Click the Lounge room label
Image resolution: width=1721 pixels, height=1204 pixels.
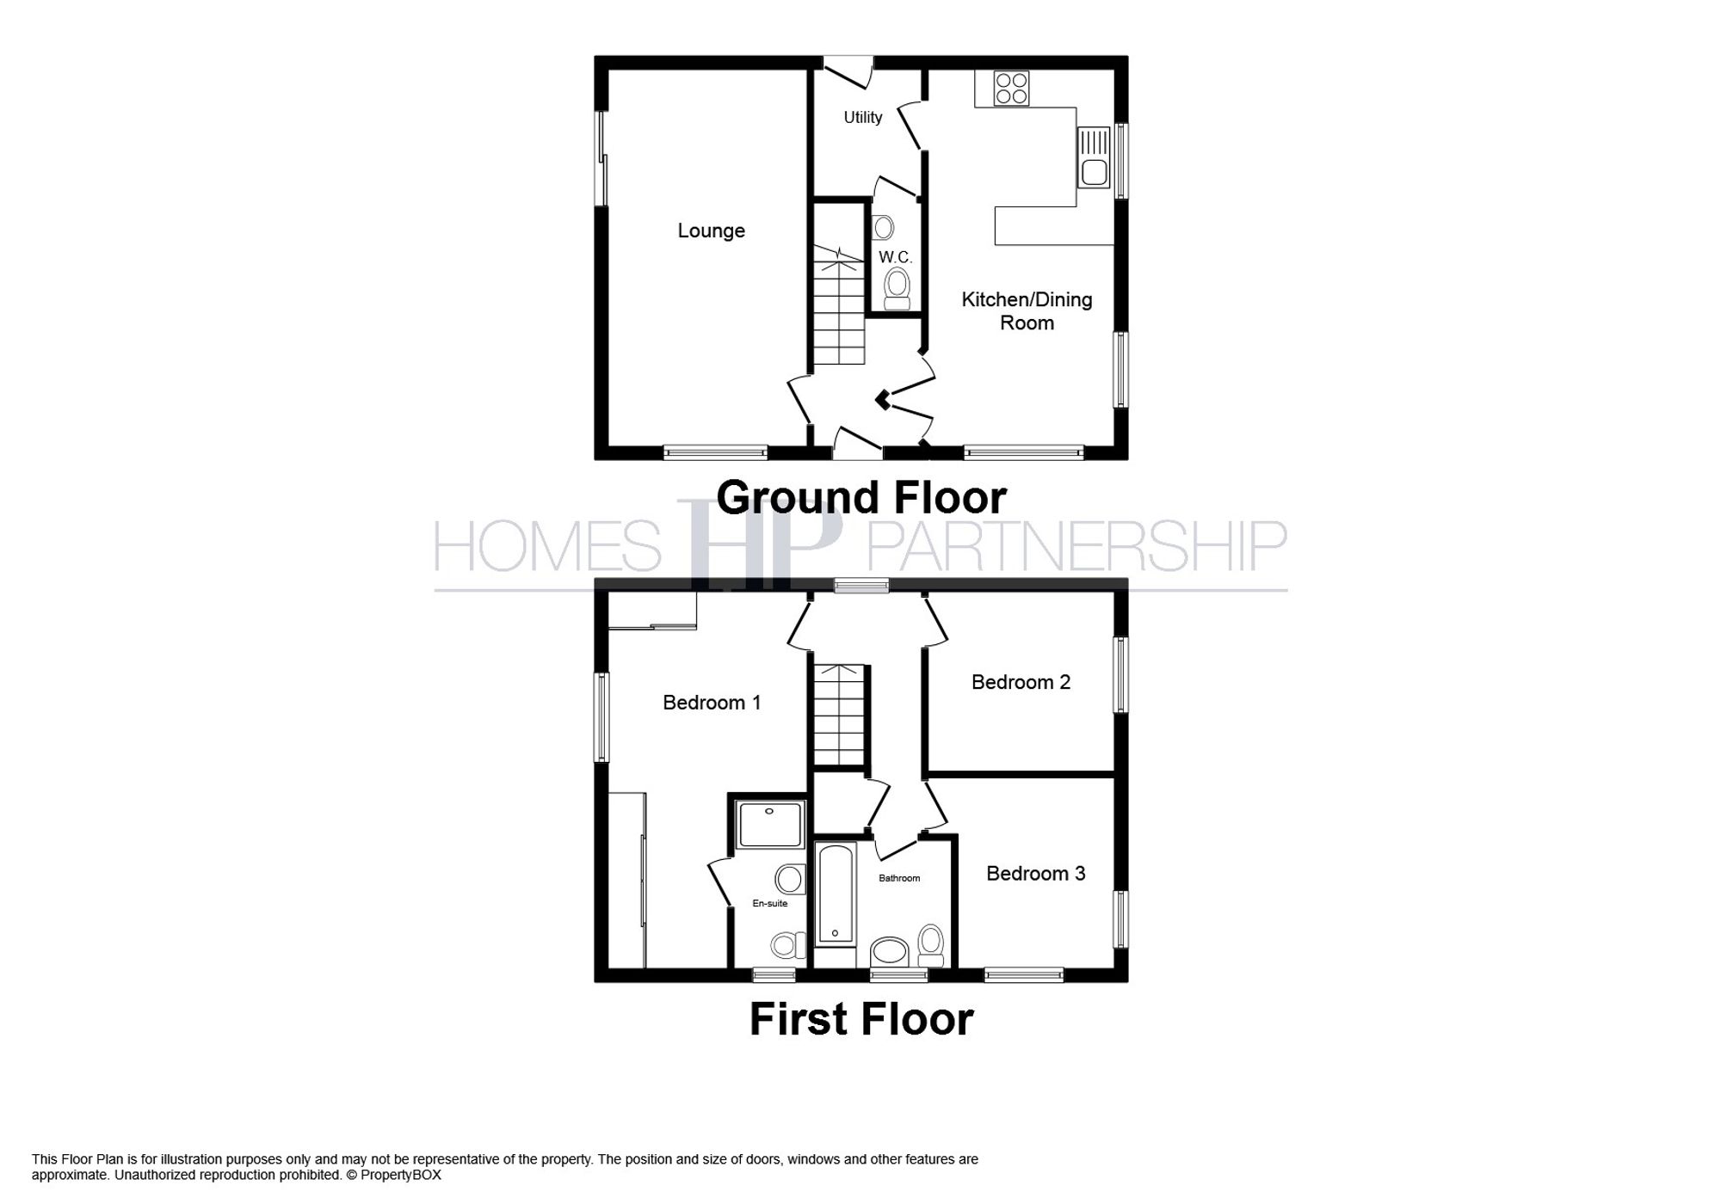click(711, 230)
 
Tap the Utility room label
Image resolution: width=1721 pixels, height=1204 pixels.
click(862, 117)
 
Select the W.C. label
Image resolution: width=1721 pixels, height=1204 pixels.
click(895, 257)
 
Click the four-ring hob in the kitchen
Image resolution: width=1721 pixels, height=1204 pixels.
click(1011, 88)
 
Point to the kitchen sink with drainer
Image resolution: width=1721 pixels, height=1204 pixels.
click(1094, 157)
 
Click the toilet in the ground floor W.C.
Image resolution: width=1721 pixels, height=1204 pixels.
click(897, 286)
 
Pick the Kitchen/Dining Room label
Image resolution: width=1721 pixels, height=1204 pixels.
click(1027, 310)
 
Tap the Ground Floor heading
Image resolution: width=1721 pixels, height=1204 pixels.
click(861, 498)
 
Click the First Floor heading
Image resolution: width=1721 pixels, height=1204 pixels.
click(861, 1019)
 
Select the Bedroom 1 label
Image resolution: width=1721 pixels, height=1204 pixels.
click(712, 703)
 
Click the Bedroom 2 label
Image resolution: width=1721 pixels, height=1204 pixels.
click(1021, 682)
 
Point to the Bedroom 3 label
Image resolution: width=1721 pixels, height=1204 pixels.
click(1035, 874)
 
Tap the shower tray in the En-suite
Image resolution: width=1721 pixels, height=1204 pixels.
click(770, 824)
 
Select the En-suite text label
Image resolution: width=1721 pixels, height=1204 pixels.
click(769, 903)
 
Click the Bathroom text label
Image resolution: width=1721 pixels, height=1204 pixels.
click(898, 878)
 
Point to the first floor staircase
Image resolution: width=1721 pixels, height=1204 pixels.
click(838, 714)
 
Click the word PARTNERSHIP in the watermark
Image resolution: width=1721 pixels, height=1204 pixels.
click(1076, 546)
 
